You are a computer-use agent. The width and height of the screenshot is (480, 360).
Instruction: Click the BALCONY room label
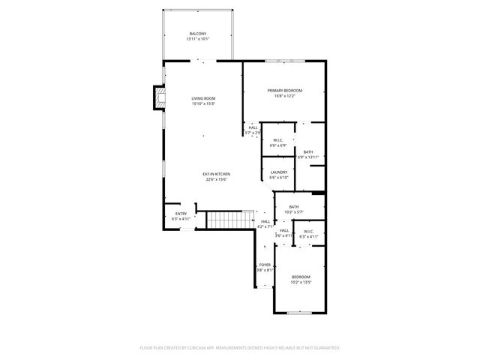click(x=198, y=34)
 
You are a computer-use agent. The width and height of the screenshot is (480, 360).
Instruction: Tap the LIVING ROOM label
click(x=203, y=99)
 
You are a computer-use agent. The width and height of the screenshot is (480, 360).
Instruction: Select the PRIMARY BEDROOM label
click(x=285, y=91)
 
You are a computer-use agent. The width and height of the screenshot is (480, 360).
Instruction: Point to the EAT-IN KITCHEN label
click(x=215, y=175)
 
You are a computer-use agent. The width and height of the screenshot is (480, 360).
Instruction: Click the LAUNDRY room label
click(x=279, y=172)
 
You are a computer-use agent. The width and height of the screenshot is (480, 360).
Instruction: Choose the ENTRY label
click(x=181, y=214)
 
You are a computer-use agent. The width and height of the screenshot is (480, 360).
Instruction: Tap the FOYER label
click(x=265, y=265)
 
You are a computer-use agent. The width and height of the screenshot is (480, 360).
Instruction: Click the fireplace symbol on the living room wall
click(x=158, y=97)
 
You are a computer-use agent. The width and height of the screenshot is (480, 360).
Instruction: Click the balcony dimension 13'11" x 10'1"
click(x=198, y=39)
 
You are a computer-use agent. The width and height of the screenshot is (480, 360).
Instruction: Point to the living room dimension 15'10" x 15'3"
click(x=203, y=104)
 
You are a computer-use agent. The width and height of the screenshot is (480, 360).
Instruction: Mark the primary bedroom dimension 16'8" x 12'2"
click(x=285, y=96)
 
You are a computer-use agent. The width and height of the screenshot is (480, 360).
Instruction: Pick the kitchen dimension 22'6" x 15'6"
click(x=215, y=180)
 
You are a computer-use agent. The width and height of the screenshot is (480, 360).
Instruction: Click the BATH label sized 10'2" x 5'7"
click(x=294, y=207)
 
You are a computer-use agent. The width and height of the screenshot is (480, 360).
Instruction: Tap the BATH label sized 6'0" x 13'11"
click(x=308, y=152)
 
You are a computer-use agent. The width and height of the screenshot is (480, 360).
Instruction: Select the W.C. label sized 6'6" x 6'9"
click(x=277, y=140)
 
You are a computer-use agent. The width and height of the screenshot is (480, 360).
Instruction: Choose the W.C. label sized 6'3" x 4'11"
click(x=309, y=231)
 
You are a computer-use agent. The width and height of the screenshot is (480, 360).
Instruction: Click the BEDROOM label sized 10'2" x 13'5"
click(x=301, y=277)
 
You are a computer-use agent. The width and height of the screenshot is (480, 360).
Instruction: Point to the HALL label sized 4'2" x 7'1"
click(x=265, y=221)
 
